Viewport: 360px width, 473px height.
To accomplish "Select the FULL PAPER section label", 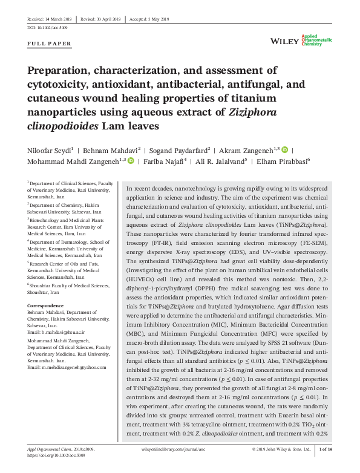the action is [x=50, y=44].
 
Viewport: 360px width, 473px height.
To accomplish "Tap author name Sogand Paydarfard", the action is [x=181, y=149].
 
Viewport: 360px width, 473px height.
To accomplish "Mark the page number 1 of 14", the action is [x=326, y=466].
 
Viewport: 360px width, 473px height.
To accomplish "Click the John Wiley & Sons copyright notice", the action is [x=281, y=466].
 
